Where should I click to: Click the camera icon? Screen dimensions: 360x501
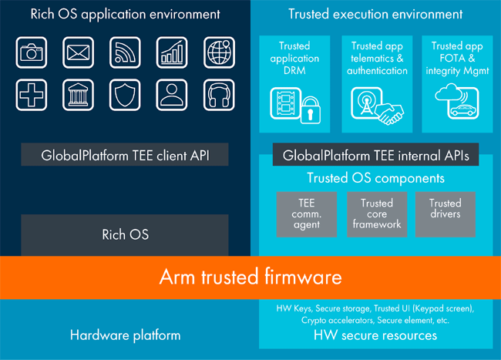coord(31,52)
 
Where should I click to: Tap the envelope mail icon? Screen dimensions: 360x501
coord(78,52)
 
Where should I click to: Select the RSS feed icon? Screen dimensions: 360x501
coord(125,52)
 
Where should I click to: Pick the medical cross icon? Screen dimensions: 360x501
coord(31,94)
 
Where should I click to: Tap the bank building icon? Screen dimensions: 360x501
coord(78,94)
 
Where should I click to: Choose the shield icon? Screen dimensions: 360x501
coord(125,94)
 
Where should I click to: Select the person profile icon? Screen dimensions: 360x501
coord(172,94)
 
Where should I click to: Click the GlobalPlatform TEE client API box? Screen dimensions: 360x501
coord(125,156)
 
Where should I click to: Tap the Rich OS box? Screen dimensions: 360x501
coord(125,234)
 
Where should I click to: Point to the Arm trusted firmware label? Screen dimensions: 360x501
coord(250,276)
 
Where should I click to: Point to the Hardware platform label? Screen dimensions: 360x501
coord(125,335)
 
